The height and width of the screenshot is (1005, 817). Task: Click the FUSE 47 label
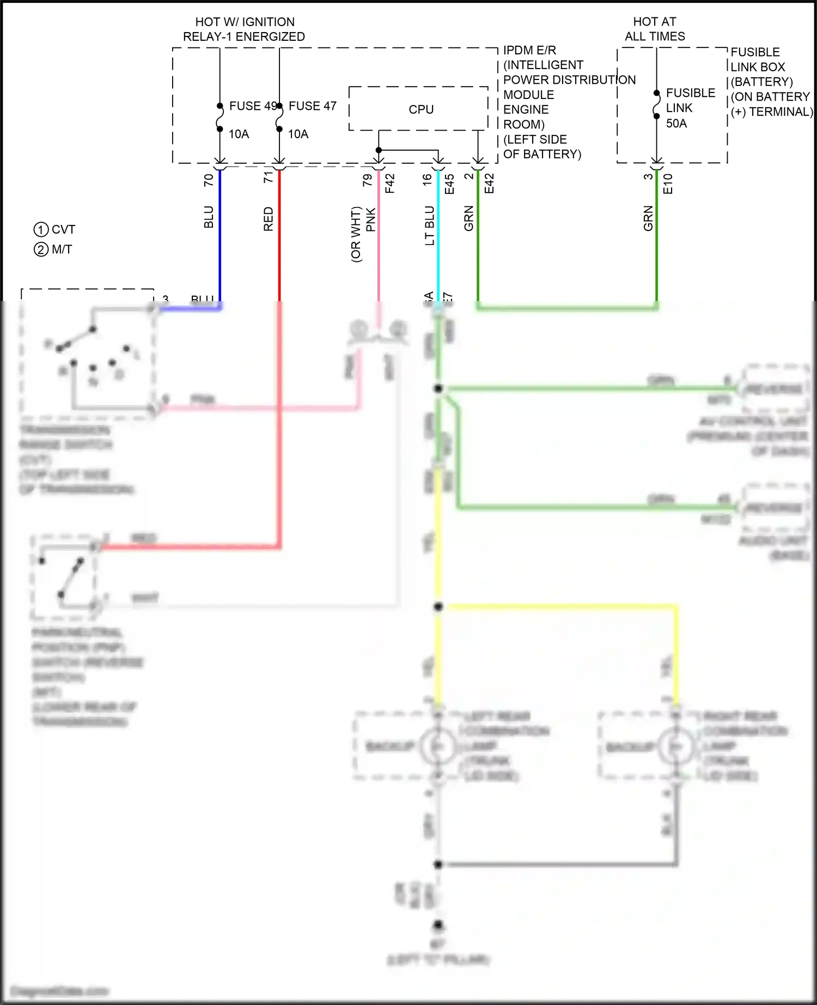312,106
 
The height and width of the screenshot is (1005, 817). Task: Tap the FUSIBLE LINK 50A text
690,108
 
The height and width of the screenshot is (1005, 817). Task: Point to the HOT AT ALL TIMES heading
655,29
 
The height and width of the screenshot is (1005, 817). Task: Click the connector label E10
668,184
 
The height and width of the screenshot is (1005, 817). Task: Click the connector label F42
389,183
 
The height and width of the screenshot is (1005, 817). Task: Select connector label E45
449,184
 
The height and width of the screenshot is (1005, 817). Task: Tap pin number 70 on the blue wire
209,180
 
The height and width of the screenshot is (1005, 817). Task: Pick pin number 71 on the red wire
268,177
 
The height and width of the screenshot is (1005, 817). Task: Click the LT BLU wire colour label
430,225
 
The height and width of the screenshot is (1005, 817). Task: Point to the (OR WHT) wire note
356,234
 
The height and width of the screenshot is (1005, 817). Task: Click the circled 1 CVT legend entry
54,229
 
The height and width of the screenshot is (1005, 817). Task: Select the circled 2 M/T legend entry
53,249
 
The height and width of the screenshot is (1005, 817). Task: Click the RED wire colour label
268,219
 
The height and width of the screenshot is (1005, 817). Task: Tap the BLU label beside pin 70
209,217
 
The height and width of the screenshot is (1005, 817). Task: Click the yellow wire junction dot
438,606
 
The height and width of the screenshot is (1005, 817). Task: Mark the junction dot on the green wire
438,389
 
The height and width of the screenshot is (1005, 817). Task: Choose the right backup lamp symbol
676,746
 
